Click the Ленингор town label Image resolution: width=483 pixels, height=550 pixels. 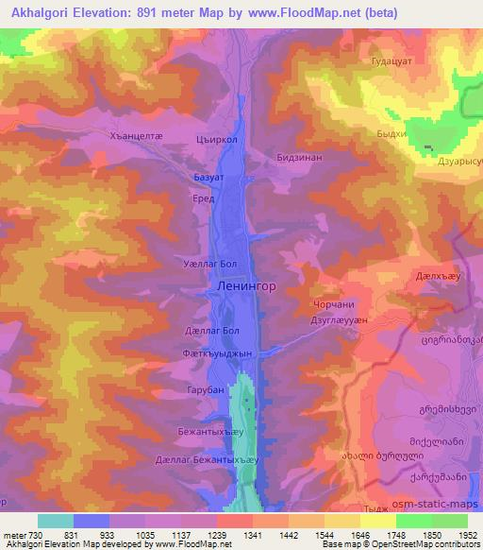point(246,284)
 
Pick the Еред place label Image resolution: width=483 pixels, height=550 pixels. point(204,198)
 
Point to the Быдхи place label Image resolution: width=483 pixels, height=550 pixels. point(391,134)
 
